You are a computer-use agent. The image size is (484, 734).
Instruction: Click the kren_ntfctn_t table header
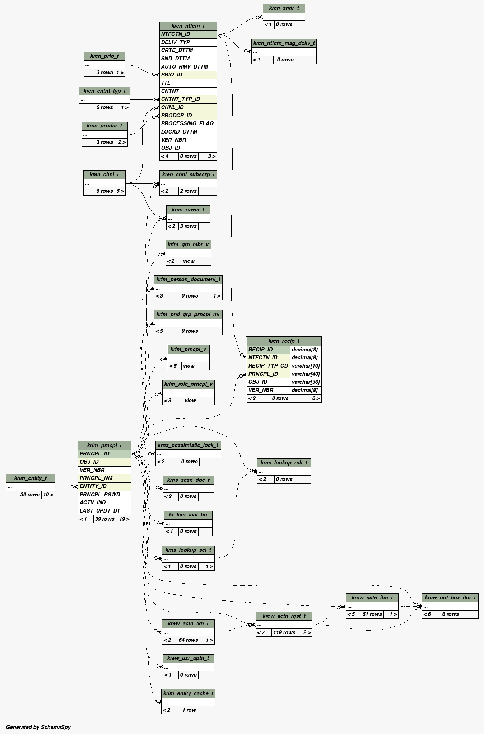click(x=188, y=26)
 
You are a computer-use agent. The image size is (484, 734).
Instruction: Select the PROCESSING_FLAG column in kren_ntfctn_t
click(x=187, y=123)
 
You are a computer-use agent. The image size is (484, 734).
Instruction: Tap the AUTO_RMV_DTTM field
click(x=185, y=67)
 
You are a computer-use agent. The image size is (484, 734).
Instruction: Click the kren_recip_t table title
click(x=284, y=341)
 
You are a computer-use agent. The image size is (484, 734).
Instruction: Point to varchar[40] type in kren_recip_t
click(x=306, y=374)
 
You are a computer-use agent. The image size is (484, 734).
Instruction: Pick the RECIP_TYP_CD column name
click(x=268, y=366)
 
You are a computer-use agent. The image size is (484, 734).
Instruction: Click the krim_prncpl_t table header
click(x=104, y=445)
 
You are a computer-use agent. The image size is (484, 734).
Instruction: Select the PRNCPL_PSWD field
click(x=100, y=495)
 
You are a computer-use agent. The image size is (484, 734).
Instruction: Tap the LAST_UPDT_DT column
click(x=100, y=511)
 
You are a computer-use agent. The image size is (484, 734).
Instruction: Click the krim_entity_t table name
click(x=31, y=478)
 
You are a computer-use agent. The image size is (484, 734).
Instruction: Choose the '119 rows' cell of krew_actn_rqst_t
click(x=284, y=632)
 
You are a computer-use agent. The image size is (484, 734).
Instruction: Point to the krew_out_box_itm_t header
click(x=450, y=598)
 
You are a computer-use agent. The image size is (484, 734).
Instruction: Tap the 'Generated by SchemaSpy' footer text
click(x=38, y=727)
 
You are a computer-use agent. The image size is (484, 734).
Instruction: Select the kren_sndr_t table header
click(x=284, y=8)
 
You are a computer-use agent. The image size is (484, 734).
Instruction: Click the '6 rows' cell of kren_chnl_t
click(x=104, y=191)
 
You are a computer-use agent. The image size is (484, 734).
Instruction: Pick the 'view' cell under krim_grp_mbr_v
click(x=189, y=261)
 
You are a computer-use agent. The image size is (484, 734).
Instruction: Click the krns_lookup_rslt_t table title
click(x=284, y=463)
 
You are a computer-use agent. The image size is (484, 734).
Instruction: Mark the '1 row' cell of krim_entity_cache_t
click(x=189, y=710)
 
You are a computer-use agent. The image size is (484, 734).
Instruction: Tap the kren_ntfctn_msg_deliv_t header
click(x=284, y=43)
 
